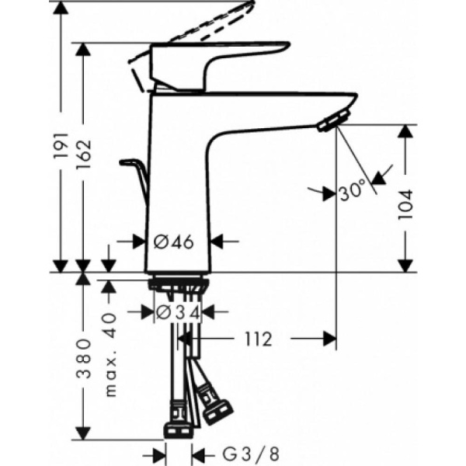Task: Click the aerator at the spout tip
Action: (x=332, y=120)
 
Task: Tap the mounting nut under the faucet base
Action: (x=177, y=286)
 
